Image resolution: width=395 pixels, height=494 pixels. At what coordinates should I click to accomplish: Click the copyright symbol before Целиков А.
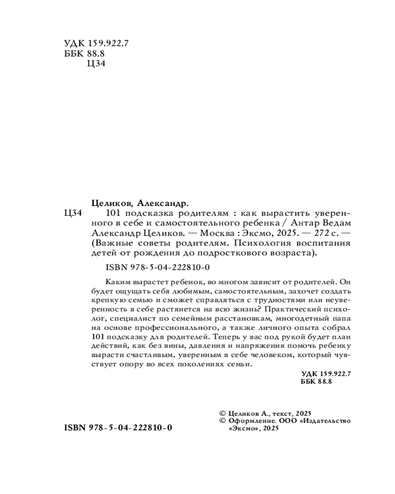pyautogui.click(x=222, y=412)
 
